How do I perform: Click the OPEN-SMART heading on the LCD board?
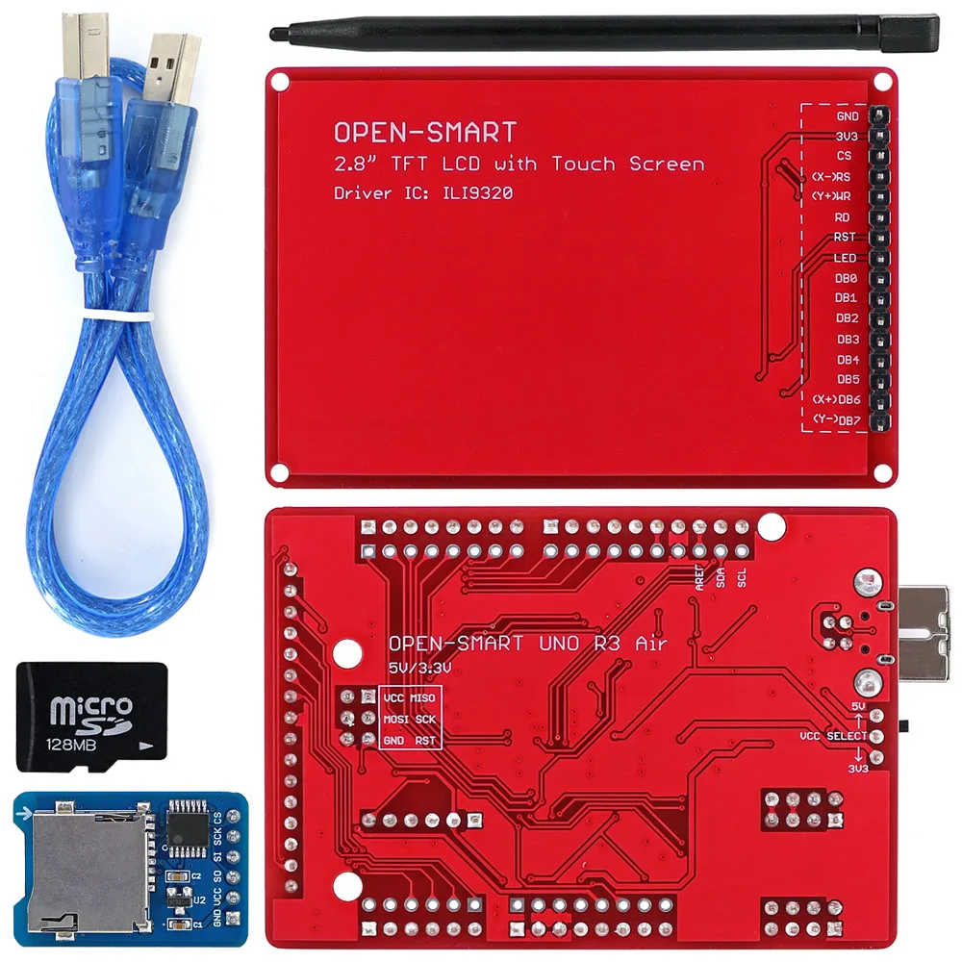pyautogui.click(x=425, y=132)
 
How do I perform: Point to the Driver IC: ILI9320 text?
pyautogui.click(x=422, y=193)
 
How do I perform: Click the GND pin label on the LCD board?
pyautogui.click(x=848, y=116)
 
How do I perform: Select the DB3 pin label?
pyautogui.click(x=848, y=339)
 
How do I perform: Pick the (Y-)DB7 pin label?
pyautogui.click(x=836, y=419)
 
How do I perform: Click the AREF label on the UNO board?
pyautogui.click(x=699, y=577)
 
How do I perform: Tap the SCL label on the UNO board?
pyautogui.click(x=742, y=577)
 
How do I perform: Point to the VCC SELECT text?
pyautogui.click(x=833, y=736)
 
